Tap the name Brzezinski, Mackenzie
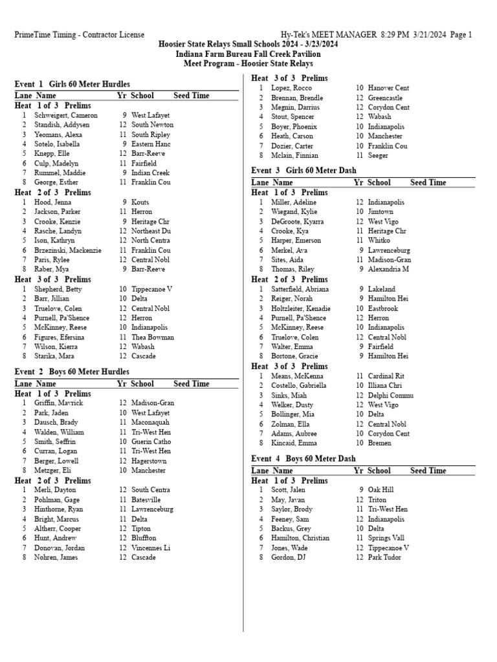click(x=68, y=250)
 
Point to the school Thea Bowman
click(x=153, y=337)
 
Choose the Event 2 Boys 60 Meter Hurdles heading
click(x=72, y=372)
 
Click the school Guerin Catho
click(x=151, y=442)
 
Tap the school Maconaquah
click(x=151, y=422)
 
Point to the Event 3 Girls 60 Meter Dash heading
click(x=304, y=171)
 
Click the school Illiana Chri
click(x=386, y=385)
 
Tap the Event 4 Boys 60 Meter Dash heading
click(x=304, y=459)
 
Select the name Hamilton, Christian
click(x=300, y=538)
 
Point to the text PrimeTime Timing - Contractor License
click(x=80, y=35)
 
